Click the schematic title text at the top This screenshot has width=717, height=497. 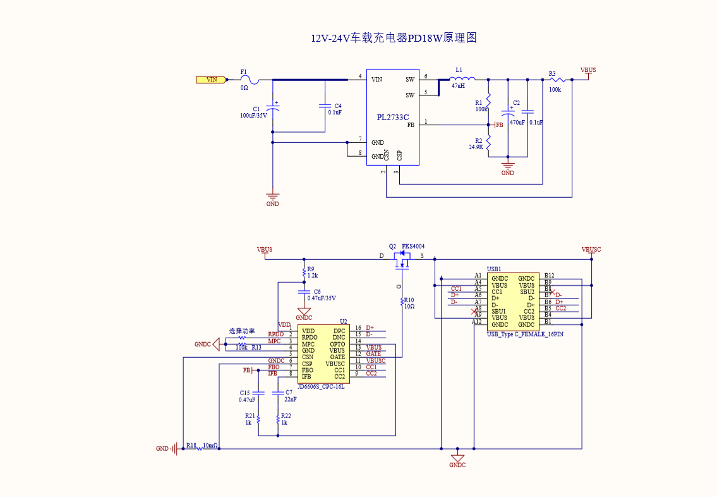(393, 38)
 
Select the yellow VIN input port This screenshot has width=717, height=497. (211, 80)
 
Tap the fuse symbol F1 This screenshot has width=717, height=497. (250, 80)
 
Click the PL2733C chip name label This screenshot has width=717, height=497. (393, 118)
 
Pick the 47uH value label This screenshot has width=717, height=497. (458, 86)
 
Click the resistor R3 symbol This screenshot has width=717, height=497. (556, 80)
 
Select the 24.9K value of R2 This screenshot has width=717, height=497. (476, 147)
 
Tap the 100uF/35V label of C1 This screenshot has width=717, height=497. (253, 116)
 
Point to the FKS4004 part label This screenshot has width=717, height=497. (413, 246)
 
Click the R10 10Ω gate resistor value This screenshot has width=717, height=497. (409, 307)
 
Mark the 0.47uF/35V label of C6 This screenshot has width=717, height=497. (322, 298)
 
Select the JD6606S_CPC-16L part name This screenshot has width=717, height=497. (321, 386)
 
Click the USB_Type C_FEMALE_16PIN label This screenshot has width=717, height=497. (525, 334)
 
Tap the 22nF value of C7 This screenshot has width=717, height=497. (291, 400)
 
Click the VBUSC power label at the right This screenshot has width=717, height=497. (591, 250)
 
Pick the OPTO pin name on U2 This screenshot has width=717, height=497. (337, 344)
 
